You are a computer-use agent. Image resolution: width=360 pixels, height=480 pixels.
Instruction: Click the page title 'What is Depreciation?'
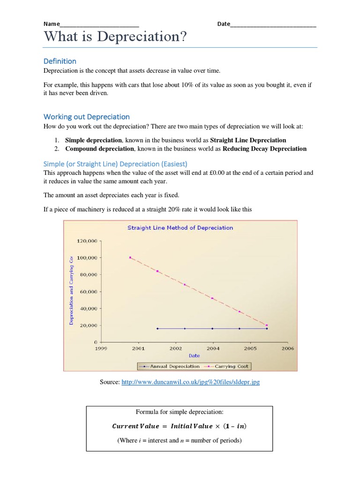click(112, 37)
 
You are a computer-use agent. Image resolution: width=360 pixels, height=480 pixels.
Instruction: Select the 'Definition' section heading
click(60, 61)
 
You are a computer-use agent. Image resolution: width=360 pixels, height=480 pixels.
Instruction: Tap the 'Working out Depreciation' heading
click(86, 117)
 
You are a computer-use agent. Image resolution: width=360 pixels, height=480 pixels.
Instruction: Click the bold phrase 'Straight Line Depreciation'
click(248, 140)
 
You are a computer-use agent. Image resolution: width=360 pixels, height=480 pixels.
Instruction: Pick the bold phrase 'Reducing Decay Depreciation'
click(264, 149)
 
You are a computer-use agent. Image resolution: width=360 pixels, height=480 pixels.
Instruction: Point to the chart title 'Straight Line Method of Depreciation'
click(180, 228)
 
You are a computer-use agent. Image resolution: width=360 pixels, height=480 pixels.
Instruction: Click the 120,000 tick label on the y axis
click(86, 241)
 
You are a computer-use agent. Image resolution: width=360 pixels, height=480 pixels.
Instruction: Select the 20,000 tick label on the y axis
click(88, 325)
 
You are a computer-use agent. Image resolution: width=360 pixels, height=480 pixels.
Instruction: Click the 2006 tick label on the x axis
click(287, 348)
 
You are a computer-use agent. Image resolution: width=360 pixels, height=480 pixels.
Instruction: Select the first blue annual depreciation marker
click(157, 329)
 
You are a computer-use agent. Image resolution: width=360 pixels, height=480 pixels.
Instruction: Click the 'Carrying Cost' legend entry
click(232, 366)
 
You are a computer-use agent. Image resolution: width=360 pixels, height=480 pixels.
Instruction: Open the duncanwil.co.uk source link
click(190, 382)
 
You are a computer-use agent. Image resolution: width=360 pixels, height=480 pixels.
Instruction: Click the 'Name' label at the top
click(52, 24)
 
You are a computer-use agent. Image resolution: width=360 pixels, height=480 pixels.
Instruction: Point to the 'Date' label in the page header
click(224, 24)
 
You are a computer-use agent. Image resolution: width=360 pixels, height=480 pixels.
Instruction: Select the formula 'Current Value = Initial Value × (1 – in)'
click(180, 426)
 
